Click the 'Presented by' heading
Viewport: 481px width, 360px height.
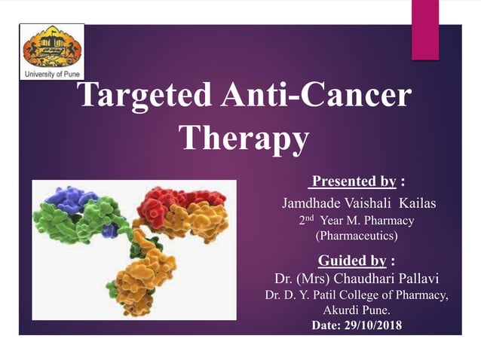353,181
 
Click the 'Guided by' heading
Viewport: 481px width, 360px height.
353,261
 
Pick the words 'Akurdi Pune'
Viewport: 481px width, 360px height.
357,310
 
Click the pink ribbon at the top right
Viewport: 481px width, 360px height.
424,27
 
